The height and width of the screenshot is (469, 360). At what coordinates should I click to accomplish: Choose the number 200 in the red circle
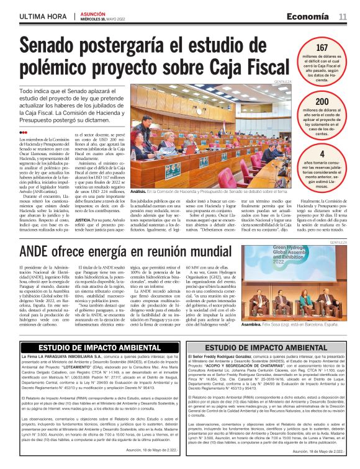(322, 102)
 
